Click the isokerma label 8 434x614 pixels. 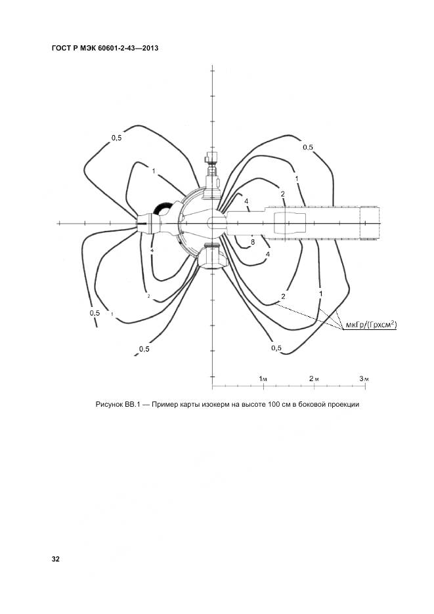pyautogui.click(x=253, y=242)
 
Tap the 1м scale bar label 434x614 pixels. pyautogui.click(x=263, y=379)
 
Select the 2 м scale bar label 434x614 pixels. pyautogui.click(x=314, y=379)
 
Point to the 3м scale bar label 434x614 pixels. pyautogui.click(x=364, y=379)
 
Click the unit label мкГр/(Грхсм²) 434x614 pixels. pyautogui.click(x=371, y=324)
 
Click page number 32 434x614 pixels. pyautogui.click(x=56, y=559)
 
